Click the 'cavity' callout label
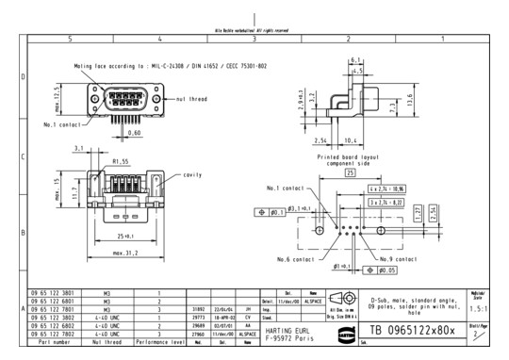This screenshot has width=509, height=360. tap(192, 174)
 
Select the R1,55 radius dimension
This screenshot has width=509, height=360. tap(120, 161)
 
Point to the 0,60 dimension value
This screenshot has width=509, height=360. tap(135, 134)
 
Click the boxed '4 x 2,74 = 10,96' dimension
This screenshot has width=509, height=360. tap(386, 189)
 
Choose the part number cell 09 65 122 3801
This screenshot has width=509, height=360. tap(54, 293)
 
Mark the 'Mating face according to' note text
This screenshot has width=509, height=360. tap(126, 67)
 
